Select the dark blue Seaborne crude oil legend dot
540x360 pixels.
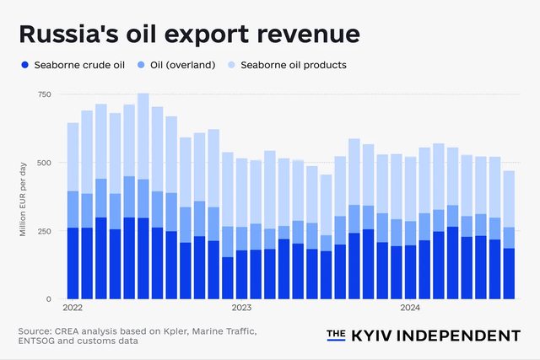pyautogui.click(x=25, y=65)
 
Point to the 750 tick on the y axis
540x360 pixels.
pyautogui.click(x=43, y=94)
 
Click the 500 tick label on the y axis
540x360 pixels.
pyautogui.click(x=43, y=162)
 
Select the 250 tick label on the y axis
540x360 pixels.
pyautogui.click(x=43, y=231)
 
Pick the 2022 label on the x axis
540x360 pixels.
pyautogui.click(x=73, y=309)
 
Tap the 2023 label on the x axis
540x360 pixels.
pyautogui.click(x=242, y=309)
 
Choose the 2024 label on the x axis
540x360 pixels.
pyautogui.click(x=411, y=309)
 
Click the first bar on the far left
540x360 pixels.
pyautogui.click(x=73, y=211)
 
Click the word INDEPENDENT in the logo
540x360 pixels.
pyautogui.click(x=459, y=336)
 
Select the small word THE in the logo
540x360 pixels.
pyautogui.click(x=336, y=335)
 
